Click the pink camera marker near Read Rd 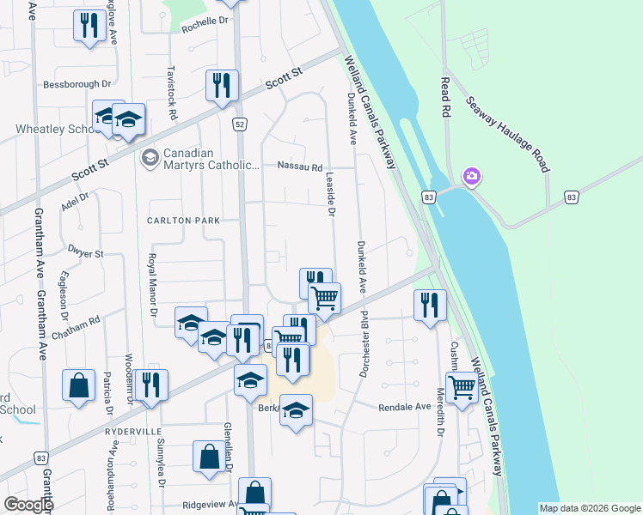(x=470, y=177)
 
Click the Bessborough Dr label (x=77, y=85)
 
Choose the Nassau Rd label (x=300, y=167)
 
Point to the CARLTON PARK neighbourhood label (x=182, y=221)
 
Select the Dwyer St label (x=85, y=254)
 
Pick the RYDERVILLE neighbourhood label (x=134, y=430)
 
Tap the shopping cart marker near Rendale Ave (x=462, y=388)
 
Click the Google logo (x=28, y=505)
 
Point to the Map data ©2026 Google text (x=589, y=508)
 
